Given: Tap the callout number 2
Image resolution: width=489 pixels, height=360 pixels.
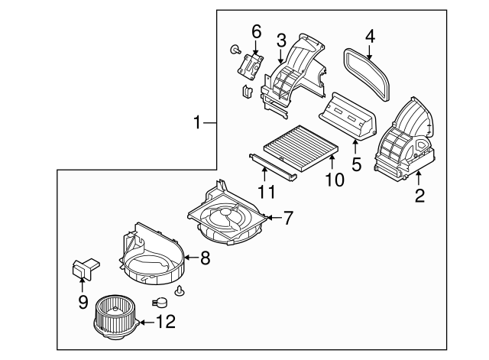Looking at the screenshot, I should [x=419, y=195].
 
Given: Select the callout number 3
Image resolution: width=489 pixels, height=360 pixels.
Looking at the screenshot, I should [x=281, y=39].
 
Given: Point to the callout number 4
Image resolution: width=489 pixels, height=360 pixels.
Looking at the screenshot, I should [x=369, y=36].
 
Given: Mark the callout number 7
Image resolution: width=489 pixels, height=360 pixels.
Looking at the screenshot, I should [x=287, y=218].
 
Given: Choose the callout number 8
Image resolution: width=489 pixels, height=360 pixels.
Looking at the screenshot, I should [x=204, y=258].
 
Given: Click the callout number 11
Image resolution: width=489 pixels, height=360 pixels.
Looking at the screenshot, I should [x=264, y=191].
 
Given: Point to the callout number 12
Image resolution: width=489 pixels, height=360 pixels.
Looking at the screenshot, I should [x=168, y=321].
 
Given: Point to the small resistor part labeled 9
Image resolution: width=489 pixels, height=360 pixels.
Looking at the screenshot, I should [x=84, y=267].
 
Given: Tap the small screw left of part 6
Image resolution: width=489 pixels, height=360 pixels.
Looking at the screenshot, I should [x=231, y=50].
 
